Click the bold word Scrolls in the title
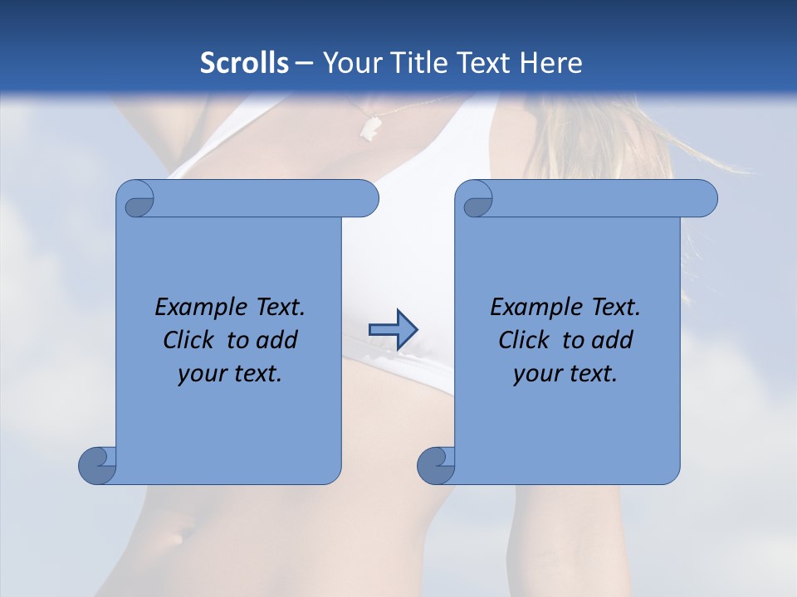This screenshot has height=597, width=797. click(244, 63)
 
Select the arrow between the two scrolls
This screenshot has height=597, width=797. click(393, 330)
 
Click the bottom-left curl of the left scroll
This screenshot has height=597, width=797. click(97, 465)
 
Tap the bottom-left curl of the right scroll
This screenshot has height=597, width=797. click(436, 465)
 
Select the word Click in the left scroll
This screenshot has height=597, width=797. click(192, 340)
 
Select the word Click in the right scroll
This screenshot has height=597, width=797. click(526, 340)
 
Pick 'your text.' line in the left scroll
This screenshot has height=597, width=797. click(230, 373)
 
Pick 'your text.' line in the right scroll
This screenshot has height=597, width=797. click(565, 373)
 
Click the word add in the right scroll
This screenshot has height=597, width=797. click(614, 340)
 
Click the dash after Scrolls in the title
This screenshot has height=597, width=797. click(304, 63)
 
